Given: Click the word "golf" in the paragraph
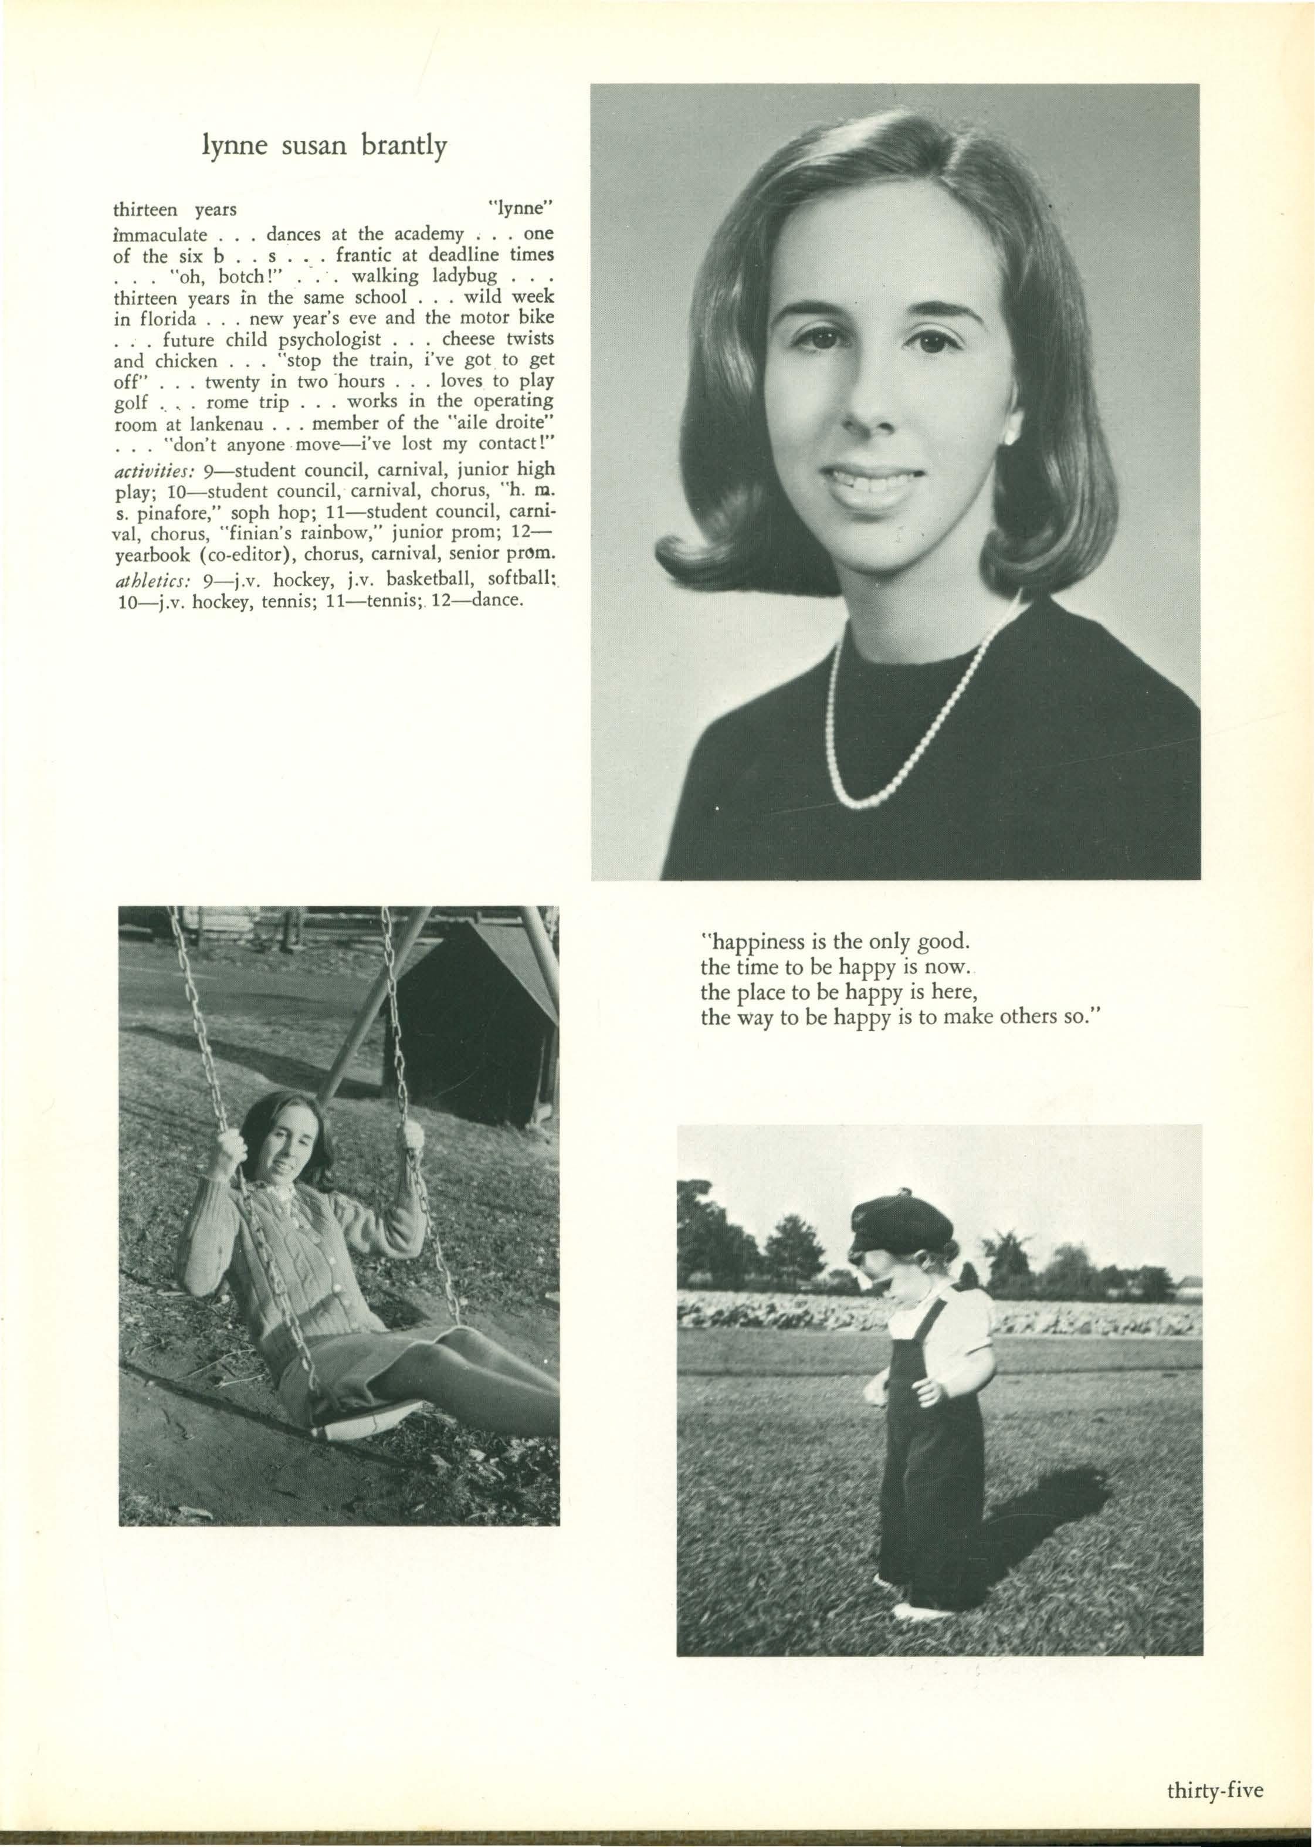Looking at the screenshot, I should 130,402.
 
